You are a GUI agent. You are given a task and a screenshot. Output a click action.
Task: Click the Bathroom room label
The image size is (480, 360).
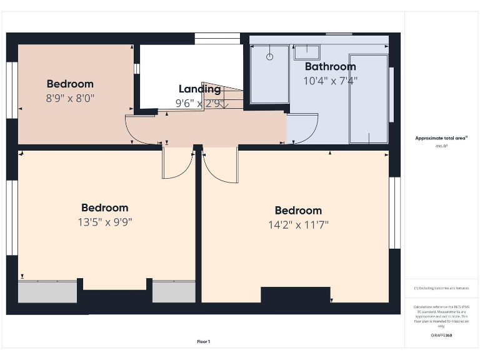coord(330,67)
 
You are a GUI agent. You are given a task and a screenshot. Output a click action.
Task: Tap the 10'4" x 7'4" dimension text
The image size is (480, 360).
coord(330,81)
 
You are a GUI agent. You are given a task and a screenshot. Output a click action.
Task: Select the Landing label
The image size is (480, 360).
coord(199,89)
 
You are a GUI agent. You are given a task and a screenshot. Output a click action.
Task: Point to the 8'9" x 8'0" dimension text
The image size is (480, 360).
coord(70,98)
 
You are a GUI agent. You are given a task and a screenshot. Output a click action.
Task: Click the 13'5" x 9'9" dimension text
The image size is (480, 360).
coord(104,221)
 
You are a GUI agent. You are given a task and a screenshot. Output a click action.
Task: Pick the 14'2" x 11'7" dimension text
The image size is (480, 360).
coord(298,224)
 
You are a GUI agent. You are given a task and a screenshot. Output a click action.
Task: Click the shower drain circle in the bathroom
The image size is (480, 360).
coord(270,57)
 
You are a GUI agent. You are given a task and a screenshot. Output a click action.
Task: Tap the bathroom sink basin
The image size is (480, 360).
coord(307,52)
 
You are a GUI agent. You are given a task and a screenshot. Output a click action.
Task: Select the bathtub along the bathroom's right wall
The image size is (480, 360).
coord(368,99)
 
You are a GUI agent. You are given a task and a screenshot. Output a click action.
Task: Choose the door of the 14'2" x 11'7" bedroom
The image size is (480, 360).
coord(221,166)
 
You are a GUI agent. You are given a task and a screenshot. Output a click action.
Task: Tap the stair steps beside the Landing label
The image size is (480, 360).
coord(229,98)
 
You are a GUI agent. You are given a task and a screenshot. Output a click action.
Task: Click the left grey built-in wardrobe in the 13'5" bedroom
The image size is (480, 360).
coord(47,292)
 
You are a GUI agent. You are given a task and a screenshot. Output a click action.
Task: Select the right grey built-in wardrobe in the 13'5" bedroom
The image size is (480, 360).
coord(173,292)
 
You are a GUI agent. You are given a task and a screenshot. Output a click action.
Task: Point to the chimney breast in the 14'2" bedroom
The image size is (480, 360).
coord(295,295)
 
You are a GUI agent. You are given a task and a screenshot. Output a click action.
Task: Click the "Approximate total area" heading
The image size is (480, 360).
coord(442,138)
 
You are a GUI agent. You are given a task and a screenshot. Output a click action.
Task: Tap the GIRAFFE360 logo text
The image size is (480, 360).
coord(442,336)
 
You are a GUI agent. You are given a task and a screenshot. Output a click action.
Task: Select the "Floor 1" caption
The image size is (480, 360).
coord(204,341)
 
